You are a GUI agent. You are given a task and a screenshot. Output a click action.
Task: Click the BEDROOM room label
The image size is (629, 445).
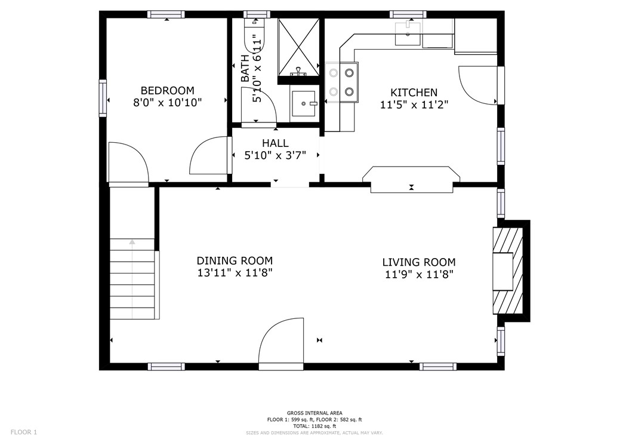pyautogui.click(x=167, y=90)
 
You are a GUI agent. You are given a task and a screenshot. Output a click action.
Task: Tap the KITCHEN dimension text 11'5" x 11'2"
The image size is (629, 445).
pyautogui.click(x=414, y=105)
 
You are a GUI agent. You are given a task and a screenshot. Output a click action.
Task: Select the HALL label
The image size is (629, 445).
pyautogui.click(x=275, y=143)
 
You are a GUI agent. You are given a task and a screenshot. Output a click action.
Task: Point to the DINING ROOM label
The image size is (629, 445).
pyautogui.click(x=235, y=260)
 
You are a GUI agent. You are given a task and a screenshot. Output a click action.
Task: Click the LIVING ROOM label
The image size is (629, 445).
pyautogui.click(x=418, y=262)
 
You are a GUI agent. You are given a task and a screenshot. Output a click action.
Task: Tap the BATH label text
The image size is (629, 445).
pyautogui.click(x=245, y=69)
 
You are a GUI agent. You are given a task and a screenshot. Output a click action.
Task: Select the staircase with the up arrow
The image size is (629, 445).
pyautogui.click(x=132, y=278)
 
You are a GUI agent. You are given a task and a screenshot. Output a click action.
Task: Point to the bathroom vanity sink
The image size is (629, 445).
pyautogui.click(x=305, y=104)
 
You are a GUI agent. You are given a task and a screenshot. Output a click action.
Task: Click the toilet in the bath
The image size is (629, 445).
pyautogui.click(x=255, y=39)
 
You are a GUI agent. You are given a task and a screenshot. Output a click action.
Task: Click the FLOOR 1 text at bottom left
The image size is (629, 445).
pyautogui.click(x=24, y=432)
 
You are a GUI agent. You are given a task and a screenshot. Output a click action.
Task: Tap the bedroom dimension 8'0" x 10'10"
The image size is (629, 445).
pyautogui.click(x=167, y=103)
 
